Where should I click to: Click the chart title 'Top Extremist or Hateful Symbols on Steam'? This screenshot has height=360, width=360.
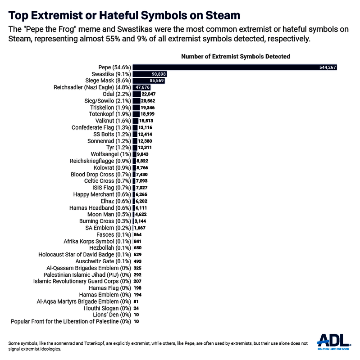tap(124, 15)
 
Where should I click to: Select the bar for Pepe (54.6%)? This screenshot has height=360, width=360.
tap(234, 67)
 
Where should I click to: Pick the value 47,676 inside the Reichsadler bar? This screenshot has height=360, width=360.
tap(143, 87)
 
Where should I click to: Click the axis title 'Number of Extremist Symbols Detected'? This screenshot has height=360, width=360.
tap(235, 57)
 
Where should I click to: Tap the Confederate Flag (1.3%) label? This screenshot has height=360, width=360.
tap(101, 127)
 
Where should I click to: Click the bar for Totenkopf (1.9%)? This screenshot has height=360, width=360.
tap(136, 114)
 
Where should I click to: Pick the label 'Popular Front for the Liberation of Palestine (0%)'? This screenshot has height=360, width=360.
tap(70, 322)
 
